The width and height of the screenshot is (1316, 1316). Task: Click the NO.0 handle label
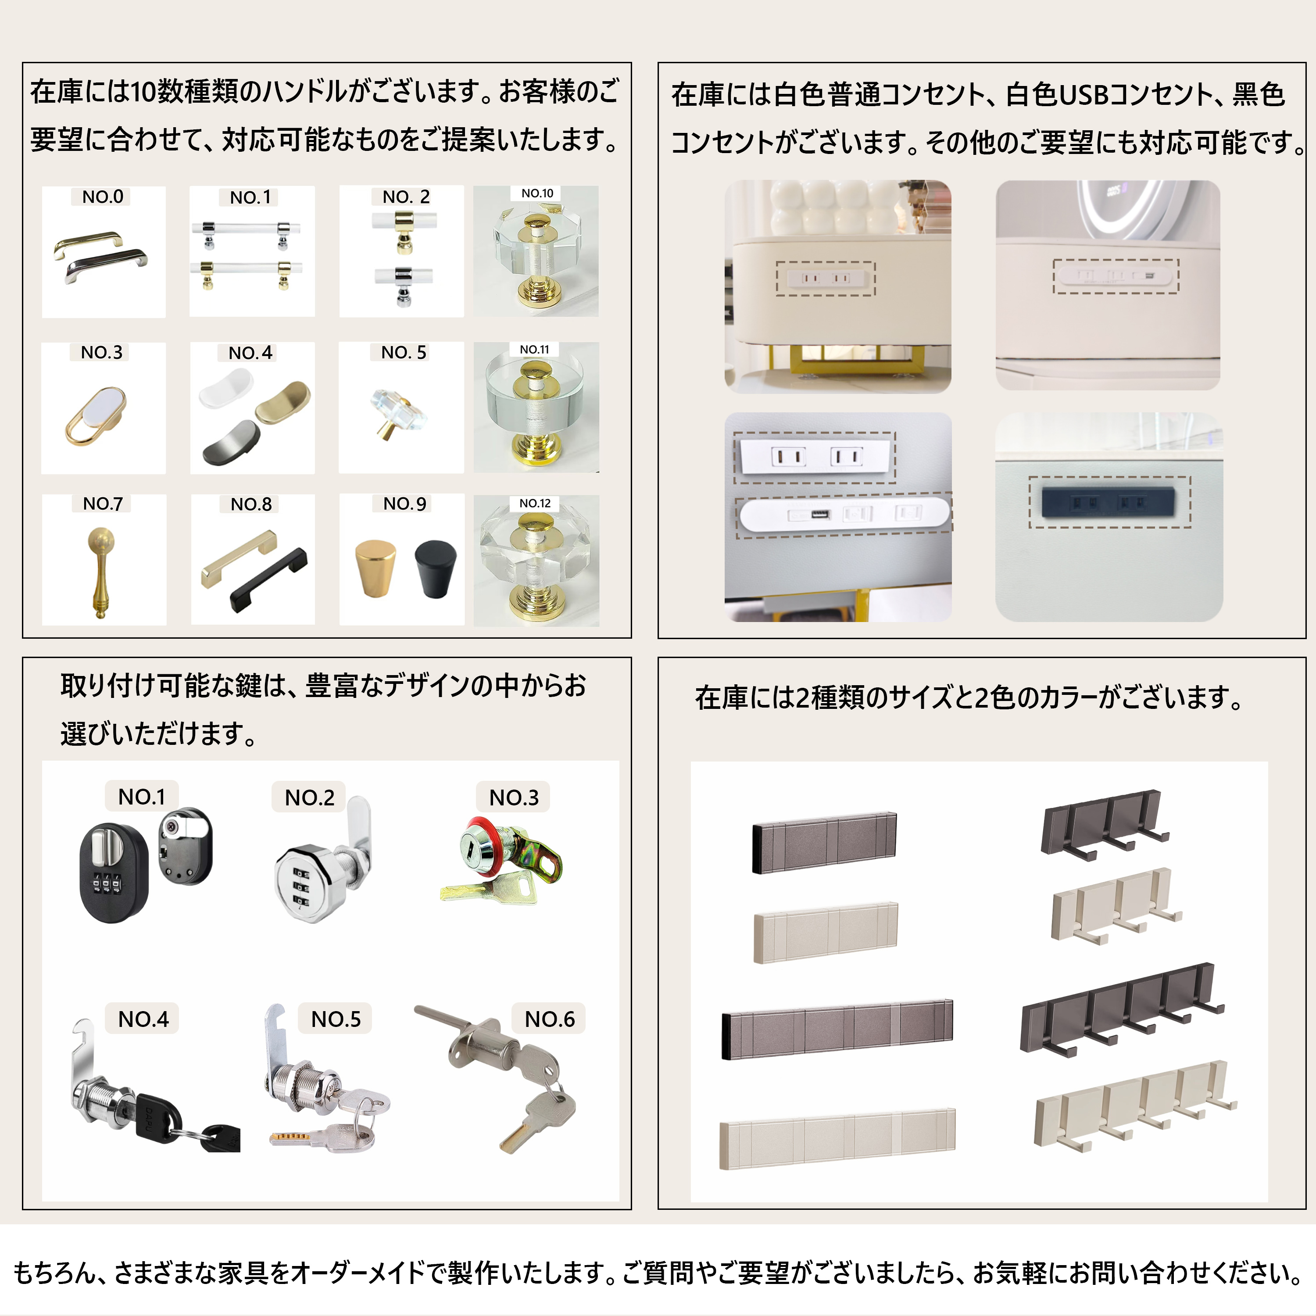103,197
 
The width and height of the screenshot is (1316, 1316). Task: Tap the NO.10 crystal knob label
537,193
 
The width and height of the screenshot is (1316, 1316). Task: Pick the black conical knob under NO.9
435,567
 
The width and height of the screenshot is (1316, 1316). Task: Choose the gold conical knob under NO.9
375,567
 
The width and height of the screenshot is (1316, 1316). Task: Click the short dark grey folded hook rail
824,842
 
